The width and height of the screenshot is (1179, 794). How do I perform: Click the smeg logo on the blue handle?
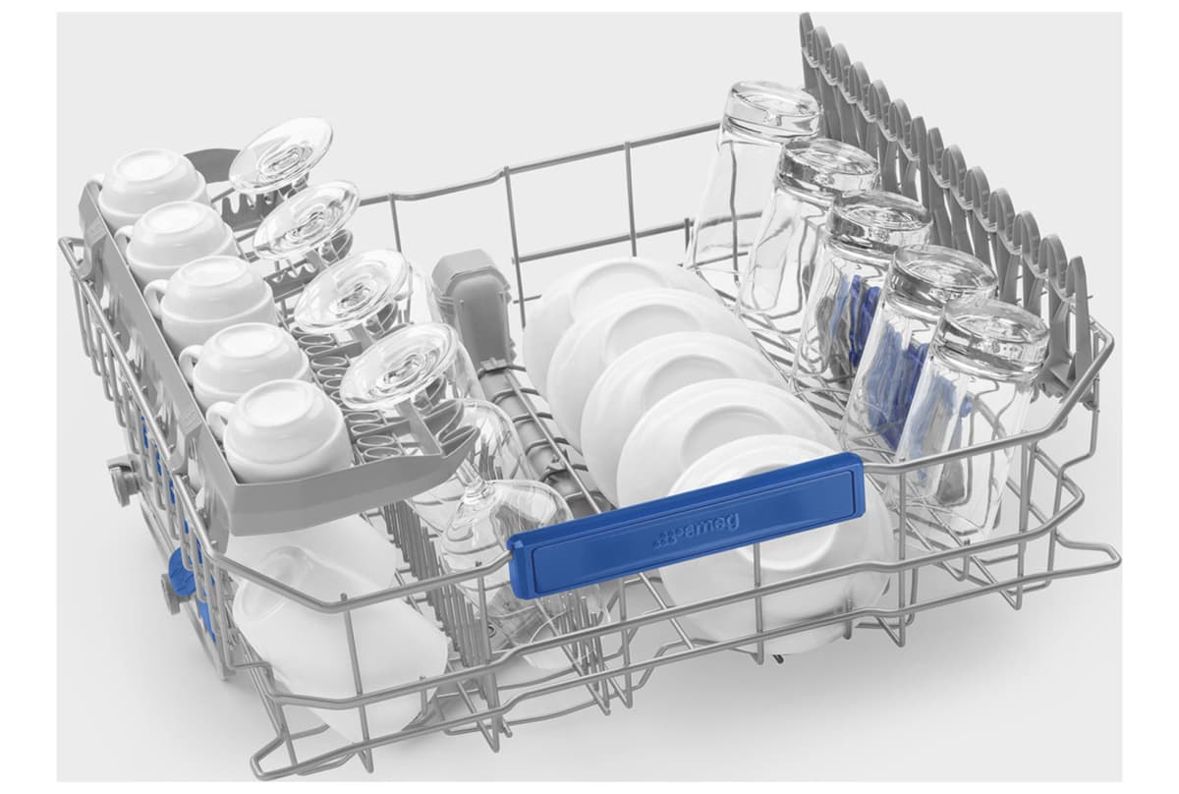pyautogui.click(x=695, y=528)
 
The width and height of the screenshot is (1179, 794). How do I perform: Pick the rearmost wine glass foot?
pyautogui.click(x=281, y=153)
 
